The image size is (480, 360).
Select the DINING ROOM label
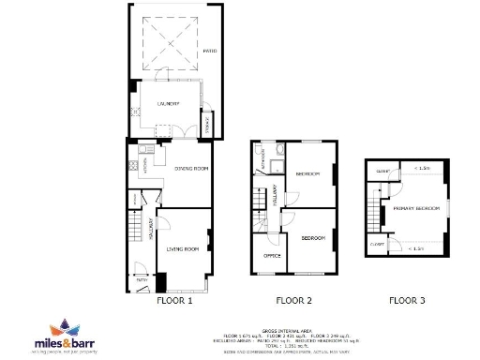coord(191,169)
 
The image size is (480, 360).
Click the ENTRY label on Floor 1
coord(142,279)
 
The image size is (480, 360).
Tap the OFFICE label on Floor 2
coord(273,255)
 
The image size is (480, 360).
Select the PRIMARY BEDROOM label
coord(416,207)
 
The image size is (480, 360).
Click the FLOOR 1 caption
coord(174,302)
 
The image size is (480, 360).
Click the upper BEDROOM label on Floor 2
coord(308,175)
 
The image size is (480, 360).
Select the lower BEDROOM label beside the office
coord(312,239)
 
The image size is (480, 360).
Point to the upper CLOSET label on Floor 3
coord(382,172)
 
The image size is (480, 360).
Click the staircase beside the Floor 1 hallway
coord(145,231)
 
